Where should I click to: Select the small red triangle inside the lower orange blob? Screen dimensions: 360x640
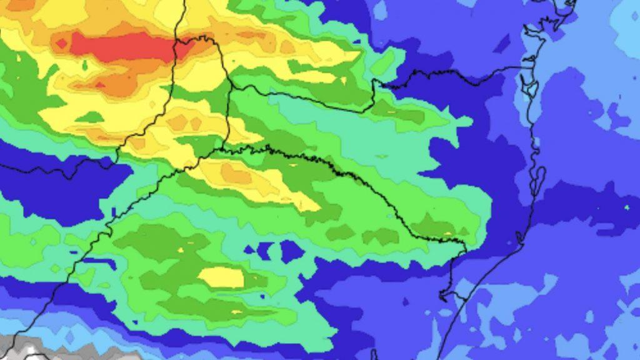[99, 84]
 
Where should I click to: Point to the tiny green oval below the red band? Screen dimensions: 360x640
[84, 64]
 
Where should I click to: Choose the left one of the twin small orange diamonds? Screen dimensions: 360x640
[176, 121]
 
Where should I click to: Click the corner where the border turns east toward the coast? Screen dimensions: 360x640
[374, 81]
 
